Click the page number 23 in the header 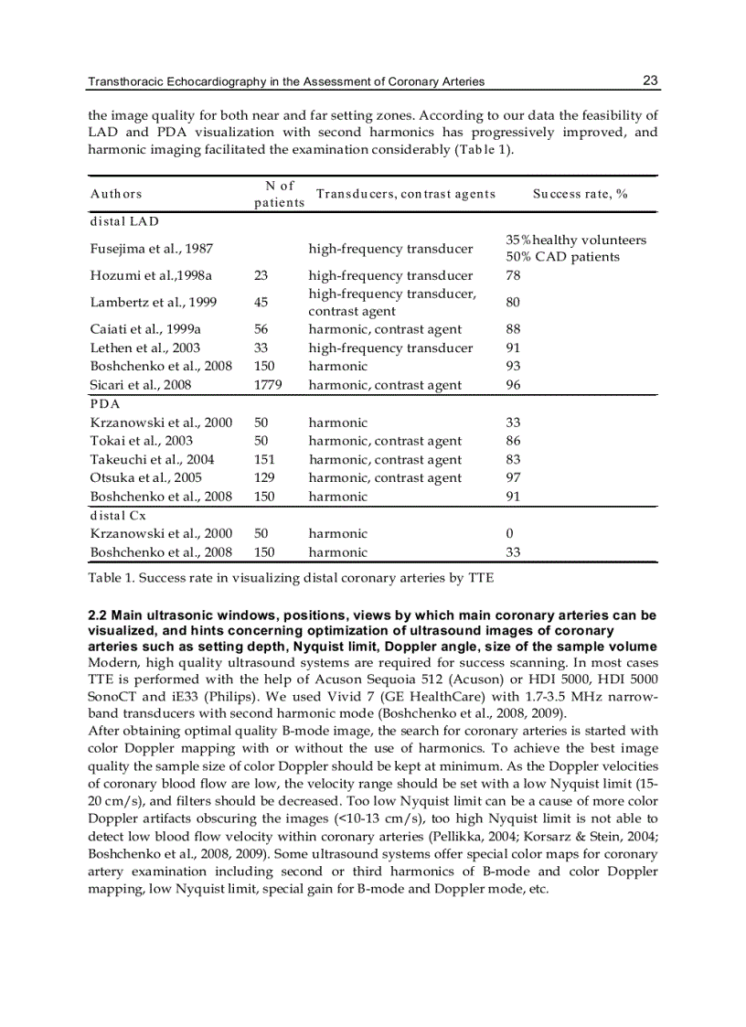(650, 80)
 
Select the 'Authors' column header (116, 194)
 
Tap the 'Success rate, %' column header (580, 194)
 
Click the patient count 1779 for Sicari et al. (268, 385)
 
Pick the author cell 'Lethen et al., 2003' (145, 348)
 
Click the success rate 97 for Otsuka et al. (514, 477)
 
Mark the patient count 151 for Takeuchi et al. (264, 459)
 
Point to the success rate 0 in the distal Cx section (509, 533)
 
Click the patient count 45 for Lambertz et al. (261, 302)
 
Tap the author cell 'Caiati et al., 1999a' (145, 329)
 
